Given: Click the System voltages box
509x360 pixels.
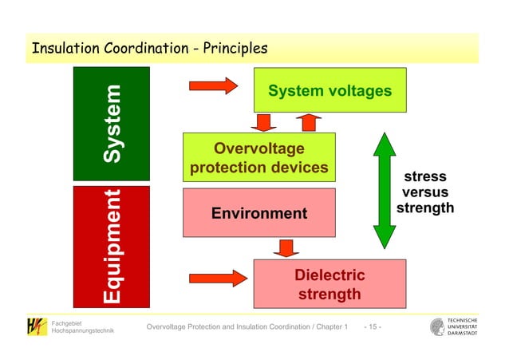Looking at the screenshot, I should click(329, 91).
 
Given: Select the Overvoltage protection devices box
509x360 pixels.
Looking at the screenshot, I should click(258, 158).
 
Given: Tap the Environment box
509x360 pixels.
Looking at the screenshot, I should click(258, 213).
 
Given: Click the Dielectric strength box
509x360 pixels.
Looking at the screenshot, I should click(329, 284).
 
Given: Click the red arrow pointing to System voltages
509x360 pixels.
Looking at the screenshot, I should click(213, 85).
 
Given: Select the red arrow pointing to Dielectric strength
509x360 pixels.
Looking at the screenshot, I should click(217, 278).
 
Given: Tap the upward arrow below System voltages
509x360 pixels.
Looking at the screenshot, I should click(308, 122).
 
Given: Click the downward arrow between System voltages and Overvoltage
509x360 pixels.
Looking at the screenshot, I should click(262, 122).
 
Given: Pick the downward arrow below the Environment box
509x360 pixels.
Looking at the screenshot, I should click(285, 247).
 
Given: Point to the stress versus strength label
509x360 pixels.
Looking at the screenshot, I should click(424, 192).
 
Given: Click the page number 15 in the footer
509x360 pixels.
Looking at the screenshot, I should click(373, 328).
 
